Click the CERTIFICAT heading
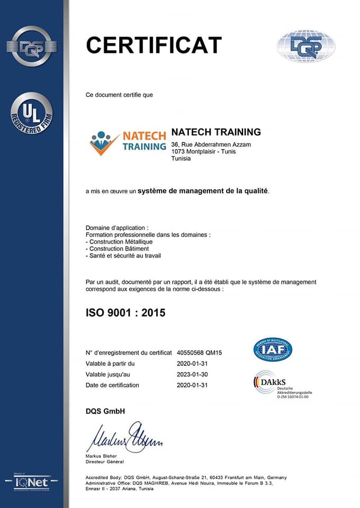[x=154, y=46]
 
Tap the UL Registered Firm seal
[x=31, y=113]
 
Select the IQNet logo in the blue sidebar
[x=31, y=482]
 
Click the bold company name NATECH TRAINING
[x=216, y=132]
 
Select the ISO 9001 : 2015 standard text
[x=125, y=313]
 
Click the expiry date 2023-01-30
[x=192, y=374]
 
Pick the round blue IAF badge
[x=273, y=349]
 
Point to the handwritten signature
[x=124, y=437]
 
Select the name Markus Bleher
[x=101, y=456]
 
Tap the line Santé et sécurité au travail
[x=123, y=256]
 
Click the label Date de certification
[x=112, y=385]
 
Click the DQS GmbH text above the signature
[x=105, y=411]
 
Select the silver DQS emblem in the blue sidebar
[x=31, y=47]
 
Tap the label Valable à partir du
[x=110, y=364]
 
